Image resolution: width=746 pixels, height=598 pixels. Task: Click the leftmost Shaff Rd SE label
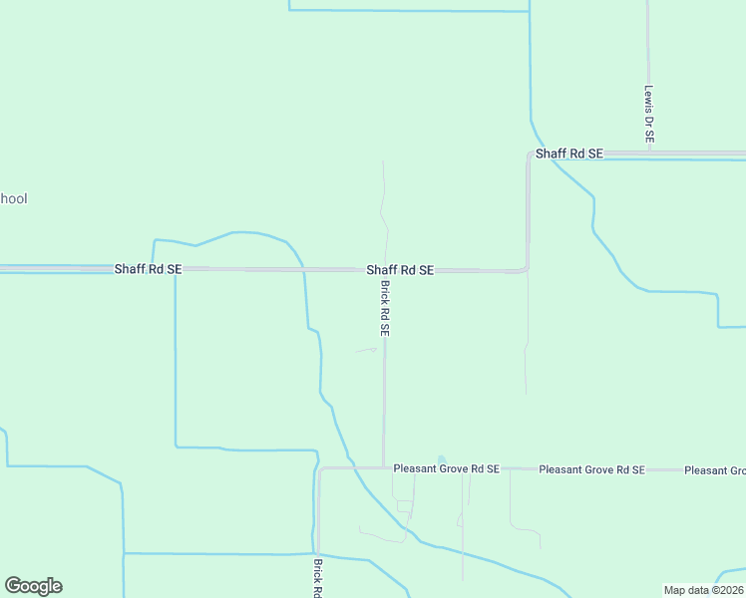[x=148, y=269]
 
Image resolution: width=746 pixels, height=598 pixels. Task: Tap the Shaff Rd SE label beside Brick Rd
[x=399, y=270]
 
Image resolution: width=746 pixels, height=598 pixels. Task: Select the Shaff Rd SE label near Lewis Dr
[x=569, y=153]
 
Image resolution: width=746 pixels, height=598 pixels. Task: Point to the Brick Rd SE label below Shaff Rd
[x=384, y=307]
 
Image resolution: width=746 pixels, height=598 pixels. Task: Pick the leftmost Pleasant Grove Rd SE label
[x=446, y=468]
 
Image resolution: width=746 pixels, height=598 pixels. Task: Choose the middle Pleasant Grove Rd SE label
[x=591, y=469]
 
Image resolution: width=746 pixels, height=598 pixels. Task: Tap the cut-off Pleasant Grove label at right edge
[x=714, y=469]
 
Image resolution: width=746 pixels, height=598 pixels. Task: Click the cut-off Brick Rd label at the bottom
[x=317, y=578]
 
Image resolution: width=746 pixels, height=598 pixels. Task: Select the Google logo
[x=33, y=586]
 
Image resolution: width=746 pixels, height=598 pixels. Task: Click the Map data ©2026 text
[x=703, y=590]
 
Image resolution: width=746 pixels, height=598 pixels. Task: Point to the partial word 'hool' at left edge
[x=13, y=198]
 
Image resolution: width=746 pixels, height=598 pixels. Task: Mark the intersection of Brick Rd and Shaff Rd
[x=385, y=270]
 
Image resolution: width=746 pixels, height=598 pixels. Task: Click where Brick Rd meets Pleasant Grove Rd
[x=384, y=467]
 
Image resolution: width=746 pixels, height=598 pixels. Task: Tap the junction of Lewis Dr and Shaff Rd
[x=648, y=153]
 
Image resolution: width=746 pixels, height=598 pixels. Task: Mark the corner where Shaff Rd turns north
[x=527, y=269]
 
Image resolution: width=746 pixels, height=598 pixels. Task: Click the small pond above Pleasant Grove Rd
[x=442, y=459]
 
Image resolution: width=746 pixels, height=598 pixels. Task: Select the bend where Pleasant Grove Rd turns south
[x=319, y=468]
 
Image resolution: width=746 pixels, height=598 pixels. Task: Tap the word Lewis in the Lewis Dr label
[x=648, y=98]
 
